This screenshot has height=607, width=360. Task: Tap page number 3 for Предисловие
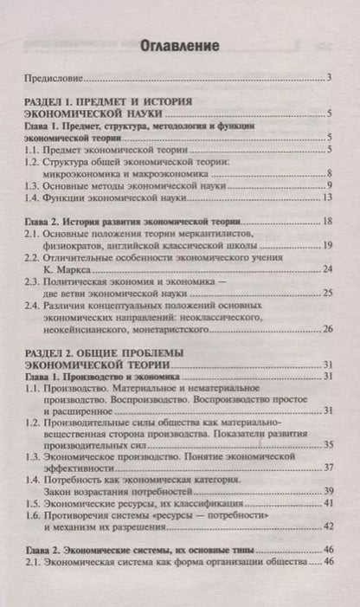[x=331, y=78]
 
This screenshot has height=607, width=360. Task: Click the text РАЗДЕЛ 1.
[x=58, y=101]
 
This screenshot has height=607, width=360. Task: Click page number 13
[x=328, y=198]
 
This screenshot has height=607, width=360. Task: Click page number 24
[x=328, y=269]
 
